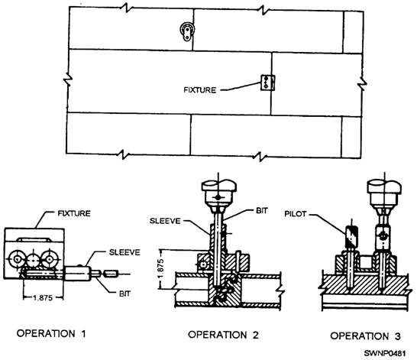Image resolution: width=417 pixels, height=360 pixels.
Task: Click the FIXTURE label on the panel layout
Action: [200, 90]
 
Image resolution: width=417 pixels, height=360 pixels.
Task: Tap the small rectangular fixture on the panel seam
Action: [267, 83]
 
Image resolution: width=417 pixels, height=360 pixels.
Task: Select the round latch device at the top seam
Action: [187, 31]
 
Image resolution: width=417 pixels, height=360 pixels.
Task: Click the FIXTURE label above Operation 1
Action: [74, 213]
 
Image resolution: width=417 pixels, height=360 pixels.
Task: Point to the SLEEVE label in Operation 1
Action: [124, 252]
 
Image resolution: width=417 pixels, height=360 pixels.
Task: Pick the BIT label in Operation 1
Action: [124, 294]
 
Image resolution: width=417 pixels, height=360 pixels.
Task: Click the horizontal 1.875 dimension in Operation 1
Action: [43, 297]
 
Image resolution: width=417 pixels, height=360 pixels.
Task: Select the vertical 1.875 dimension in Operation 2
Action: [160, 269]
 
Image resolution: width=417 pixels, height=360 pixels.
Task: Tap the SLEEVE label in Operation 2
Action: [165, 221]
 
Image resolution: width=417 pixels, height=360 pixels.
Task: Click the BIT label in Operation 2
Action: [262, 211]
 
